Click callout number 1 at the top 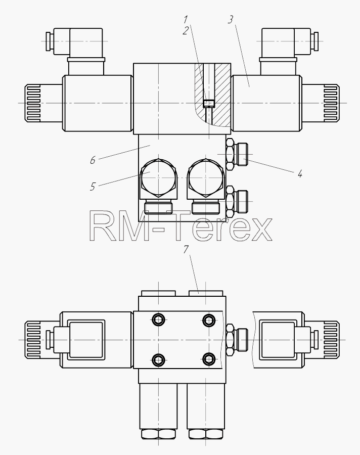click(185, 19)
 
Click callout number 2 click(186, 30)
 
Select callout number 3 click(230, 20)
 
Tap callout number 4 click(300, 174)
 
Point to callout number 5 click(93, 187)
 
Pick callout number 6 click(93, 160)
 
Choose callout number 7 click(186, 249)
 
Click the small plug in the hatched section click(208, 104)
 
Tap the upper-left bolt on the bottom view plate click(159, 320)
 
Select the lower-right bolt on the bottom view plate click(208, 359)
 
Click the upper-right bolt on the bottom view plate click(208, 320)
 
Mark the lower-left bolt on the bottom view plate click(159, 359)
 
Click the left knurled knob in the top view click(33, 103)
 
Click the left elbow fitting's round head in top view click(159, 178)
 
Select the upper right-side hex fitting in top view click(236, 154)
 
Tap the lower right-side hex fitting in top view click(236, 201)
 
